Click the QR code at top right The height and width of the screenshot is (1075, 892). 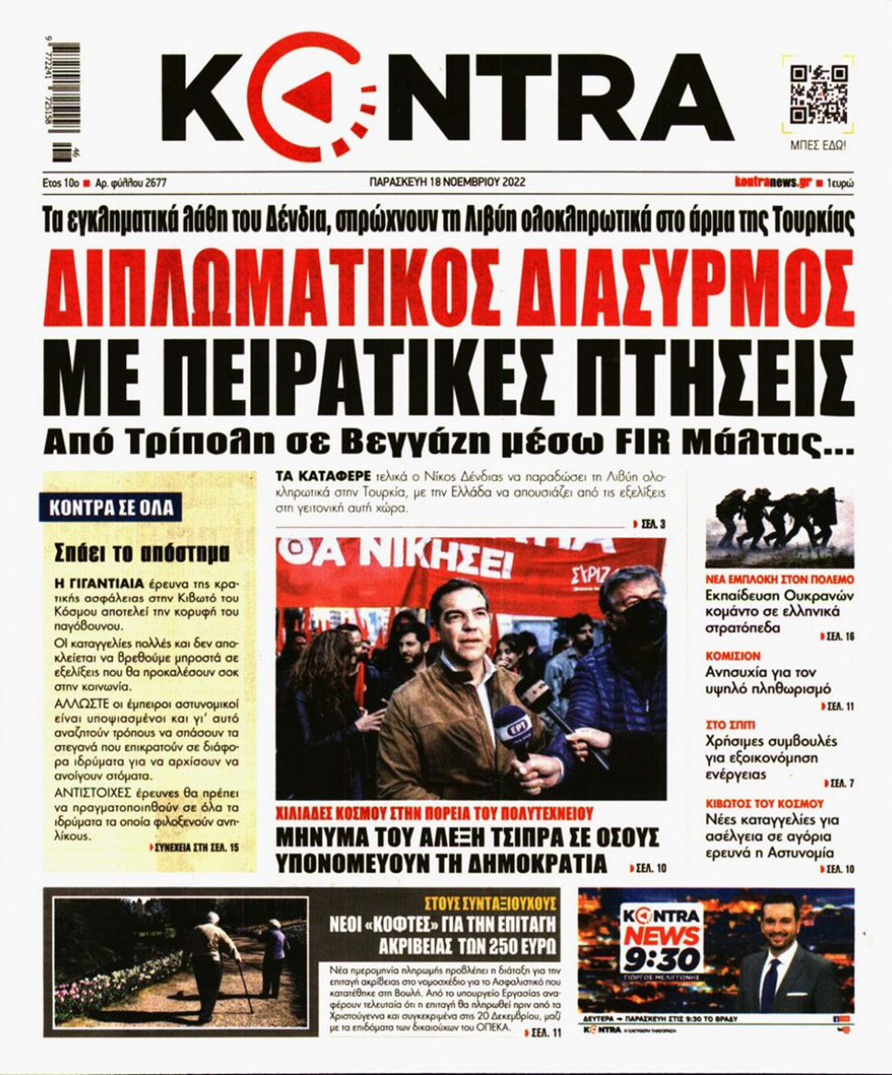click(x=818, y=96)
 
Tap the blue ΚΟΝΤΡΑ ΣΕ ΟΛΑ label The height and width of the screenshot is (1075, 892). click(x=110, y=507)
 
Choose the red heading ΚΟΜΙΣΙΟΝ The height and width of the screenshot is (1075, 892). click(x=733, y=657)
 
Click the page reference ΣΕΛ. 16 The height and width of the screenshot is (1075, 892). click(x=837, y=635)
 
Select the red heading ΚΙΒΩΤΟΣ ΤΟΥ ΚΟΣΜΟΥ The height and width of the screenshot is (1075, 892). click(x=765, y=803)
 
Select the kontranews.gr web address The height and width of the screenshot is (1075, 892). click(x=768, y=182)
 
